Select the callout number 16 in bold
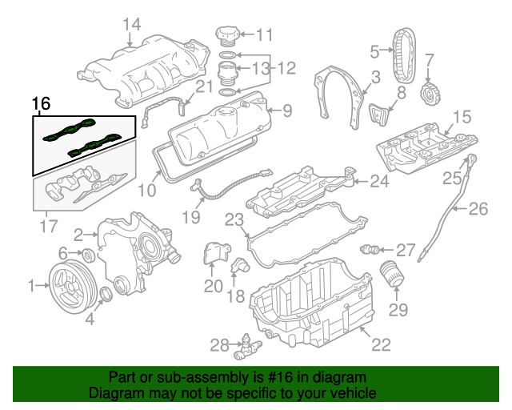click(41, 104)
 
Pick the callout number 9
click(287, 110)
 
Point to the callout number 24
click(379, 182)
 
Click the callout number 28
click(219, 345)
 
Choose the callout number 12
click(286, 69)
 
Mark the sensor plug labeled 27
click(369, 247)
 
